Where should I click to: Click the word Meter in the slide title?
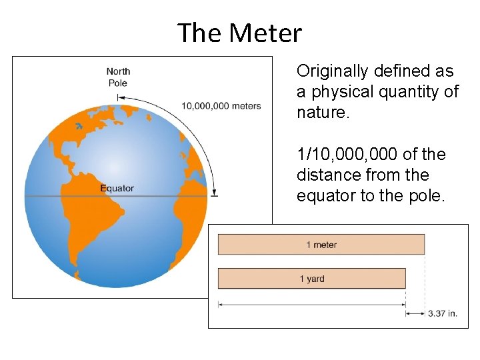[265, 33]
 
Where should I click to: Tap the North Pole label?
[118, 77]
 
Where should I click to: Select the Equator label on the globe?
[117, 188]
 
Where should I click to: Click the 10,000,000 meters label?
[221, 106]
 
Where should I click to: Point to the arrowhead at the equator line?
[214, 193]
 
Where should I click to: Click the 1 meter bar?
[321, 245]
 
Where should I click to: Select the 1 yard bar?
[311, 278]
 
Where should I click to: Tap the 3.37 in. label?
[442, 313]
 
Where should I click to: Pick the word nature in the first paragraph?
[321, 113]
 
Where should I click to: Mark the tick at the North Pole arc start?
[118, 97]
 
